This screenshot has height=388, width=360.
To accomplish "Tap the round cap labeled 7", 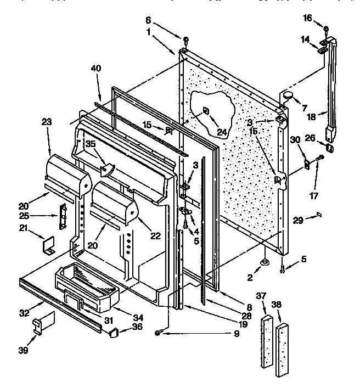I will tap(289, 97).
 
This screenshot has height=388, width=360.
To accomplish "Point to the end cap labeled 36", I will tap(114, 331).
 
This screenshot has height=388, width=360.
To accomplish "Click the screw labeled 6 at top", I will tap(185, 40).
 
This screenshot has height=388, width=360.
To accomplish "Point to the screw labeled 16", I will tap(326, 29).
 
